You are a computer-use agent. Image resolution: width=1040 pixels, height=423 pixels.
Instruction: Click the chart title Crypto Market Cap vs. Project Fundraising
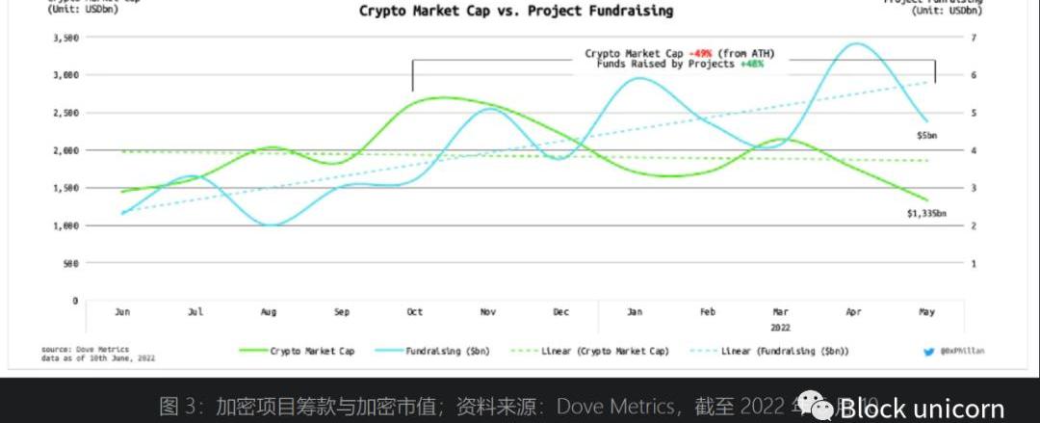tap(516, 12)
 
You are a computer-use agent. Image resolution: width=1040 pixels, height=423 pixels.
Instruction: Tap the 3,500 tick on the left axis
tap(64, 38)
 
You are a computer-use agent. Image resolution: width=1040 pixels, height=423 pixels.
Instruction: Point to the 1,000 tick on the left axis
tap(64, 225)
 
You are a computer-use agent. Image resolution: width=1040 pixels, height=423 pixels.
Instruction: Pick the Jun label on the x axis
tap(122, 312)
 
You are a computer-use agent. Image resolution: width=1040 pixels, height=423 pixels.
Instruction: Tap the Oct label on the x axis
tap(415, 312)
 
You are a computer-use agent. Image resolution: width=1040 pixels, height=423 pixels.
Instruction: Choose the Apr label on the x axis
tap(852, 312)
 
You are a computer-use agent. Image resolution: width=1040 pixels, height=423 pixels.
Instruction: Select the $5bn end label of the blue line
tap(926, 137)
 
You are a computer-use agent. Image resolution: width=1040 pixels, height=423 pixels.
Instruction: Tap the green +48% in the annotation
tap(752, 64)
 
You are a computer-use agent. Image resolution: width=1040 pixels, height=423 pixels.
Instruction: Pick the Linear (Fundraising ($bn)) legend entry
tap(785, 352)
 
